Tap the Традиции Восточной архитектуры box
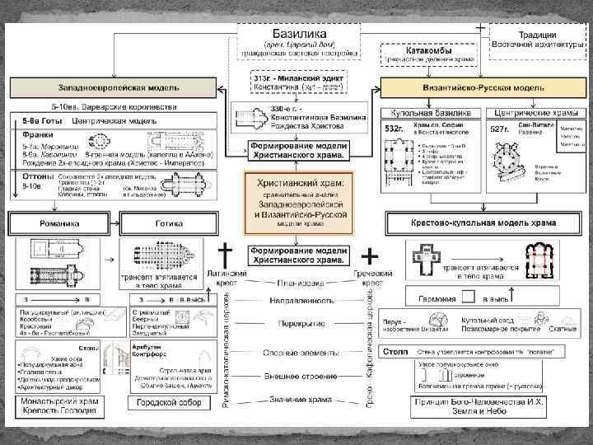coord(535,39)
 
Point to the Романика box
coord(59,223)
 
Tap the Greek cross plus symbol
coord(371,253)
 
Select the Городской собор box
coord(168,403)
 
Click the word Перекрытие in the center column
coord(298,325)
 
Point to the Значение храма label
coord(298,400)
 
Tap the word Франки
coord(35,134)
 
